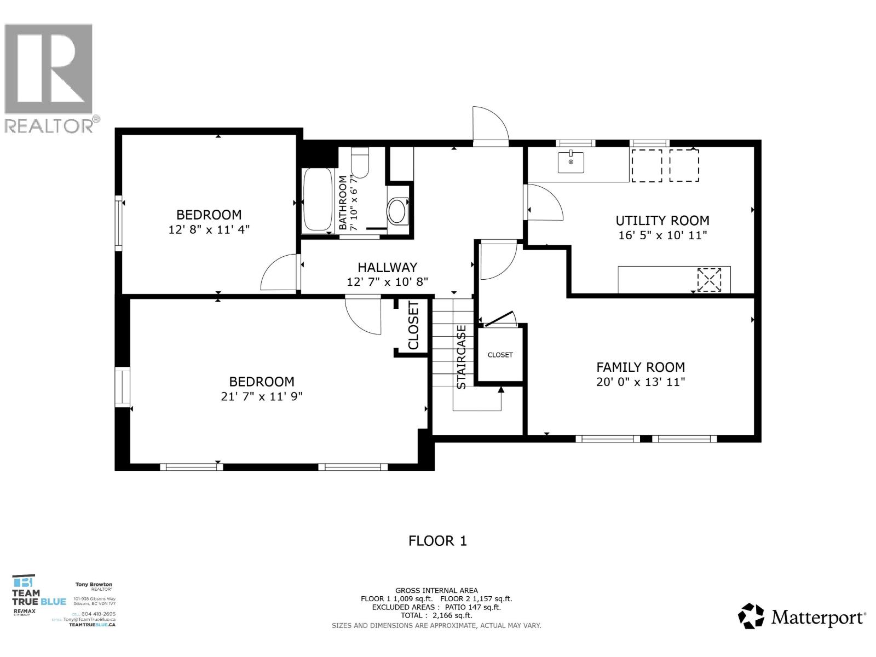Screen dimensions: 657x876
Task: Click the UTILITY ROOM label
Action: tap(662, 221)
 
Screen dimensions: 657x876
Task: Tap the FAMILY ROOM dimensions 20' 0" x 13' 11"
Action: tap(641, 382)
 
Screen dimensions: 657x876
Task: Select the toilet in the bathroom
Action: tap(360, 159)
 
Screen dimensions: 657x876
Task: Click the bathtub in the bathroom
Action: tap(317, 200)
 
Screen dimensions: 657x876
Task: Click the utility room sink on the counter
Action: tap(570, 162)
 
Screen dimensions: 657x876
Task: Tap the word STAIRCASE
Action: tap(462, 357)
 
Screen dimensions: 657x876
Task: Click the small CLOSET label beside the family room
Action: tap(500, 355)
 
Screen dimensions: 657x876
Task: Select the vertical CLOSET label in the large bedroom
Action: tap(413, 325)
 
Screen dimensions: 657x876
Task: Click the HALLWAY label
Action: tap(387, 268)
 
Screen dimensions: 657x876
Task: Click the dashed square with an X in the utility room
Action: tap(709, 280)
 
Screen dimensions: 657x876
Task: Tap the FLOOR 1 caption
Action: tap(437, 541)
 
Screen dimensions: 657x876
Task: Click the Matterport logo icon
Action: tap(751, 616)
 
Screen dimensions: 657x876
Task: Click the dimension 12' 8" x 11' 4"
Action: tap(209, 229)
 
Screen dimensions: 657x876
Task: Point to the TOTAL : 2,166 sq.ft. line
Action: tap(436, 615)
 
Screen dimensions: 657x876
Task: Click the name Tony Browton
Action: tap(94, 585)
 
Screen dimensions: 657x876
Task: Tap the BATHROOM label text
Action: tap(343, 203)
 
